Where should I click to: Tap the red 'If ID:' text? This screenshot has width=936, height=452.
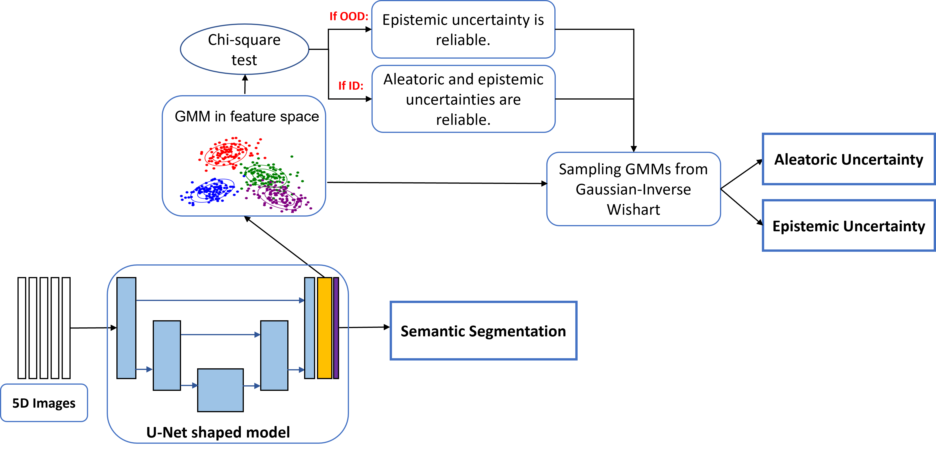351,86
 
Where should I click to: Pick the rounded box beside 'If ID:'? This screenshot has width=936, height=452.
463,99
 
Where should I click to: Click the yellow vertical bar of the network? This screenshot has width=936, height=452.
325,328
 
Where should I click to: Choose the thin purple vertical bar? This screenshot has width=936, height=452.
336,328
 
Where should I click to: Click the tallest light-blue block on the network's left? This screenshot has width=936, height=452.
126,328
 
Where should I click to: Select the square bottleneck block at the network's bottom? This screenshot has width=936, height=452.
220,390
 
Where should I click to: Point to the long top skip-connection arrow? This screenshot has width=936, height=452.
220,300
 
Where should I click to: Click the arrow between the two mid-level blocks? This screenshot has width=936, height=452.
220,334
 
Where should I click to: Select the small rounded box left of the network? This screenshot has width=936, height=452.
44,403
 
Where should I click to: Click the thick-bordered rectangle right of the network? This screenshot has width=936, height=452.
483,330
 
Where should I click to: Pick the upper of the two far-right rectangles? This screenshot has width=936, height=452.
848,159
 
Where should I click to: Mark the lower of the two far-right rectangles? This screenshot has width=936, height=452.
848,225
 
